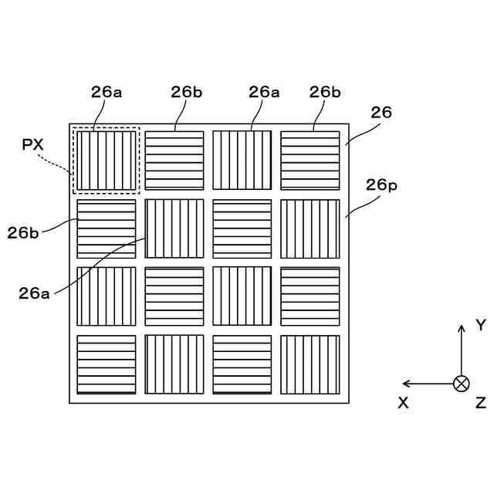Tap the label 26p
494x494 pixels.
click(381, 185)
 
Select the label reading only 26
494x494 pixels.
click(381, 113)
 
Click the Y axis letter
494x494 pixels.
click(480, 325)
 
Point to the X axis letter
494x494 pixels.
click(403, 402)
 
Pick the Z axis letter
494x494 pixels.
click(480, 402)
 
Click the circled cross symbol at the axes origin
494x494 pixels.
click(462, 383)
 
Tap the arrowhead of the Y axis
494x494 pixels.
click(462, 328)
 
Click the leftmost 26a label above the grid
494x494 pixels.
click(107, 91)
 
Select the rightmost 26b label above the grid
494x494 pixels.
click(325, 91)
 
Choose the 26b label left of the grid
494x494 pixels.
click(24, 231)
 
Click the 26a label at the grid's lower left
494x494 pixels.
click(35, 293)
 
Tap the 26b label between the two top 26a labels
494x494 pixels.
click(187, 91)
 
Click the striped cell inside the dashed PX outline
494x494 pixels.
click(107, 161)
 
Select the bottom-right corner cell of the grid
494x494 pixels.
click(310, 364)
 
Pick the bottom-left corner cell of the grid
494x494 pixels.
click(107, 364)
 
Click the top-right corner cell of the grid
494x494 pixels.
click(310, 161)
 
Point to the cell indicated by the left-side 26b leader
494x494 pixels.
click(107, 228)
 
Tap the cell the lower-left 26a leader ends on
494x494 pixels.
click(174, 228)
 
